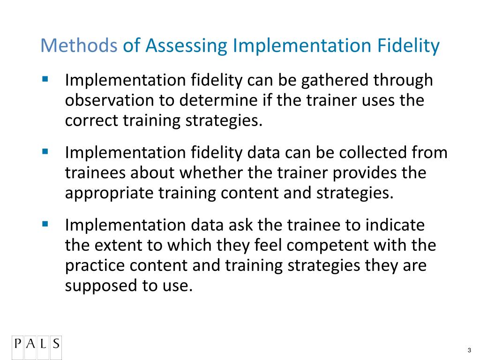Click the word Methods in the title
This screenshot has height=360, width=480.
tap(79, 46)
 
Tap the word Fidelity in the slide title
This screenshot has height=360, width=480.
tap(408, 46)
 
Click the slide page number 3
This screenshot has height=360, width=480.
tap(469, 351)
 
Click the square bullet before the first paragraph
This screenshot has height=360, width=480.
tap(45, 79)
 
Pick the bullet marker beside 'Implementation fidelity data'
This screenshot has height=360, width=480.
tap(45, 151)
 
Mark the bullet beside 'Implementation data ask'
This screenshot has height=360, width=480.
tap(45, 224)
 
